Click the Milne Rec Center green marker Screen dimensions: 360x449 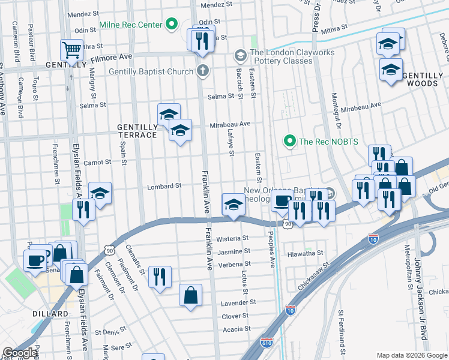click(172, 25)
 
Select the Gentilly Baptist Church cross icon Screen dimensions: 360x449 click(203, 71)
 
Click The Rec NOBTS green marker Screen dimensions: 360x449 click(289, 142)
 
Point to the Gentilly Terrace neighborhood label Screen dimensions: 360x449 click(137, 131)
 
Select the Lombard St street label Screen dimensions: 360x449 click(164, 186)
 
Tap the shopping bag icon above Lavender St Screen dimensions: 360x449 click(190, 295)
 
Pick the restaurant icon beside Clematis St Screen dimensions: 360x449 click(160, 276)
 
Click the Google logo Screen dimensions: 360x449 click(20, 353)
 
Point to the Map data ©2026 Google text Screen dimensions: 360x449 click(411, 355)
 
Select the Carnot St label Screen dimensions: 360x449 click(97, 162)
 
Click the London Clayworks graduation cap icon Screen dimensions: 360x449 click(240, 56)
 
